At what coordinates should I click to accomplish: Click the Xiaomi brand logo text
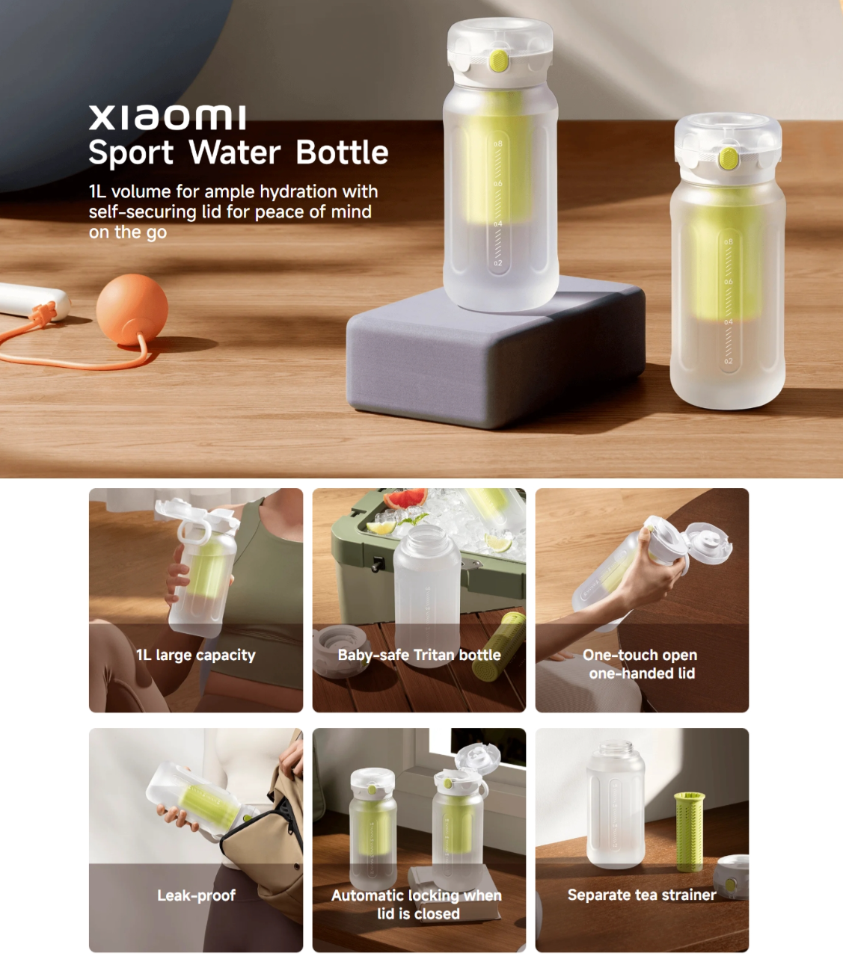[x=168, y=117]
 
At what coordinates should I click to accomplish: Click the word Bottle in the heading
[x=342, y=152]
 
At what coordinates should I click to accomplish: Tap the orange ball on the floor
[x=132, y=309]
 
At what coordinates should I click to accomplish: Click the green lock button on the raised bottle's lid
[x=499, y=61]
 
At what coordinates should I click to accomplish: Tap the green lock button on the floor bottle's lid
[x=728, y=158]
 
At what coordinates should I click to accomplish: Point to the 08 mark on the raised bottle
[x=498, y=144]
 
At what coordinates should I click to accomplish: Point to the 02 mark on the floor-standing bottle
[x=729, y=361]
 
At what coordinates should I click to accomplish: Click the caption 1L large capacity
[x=195, y=655]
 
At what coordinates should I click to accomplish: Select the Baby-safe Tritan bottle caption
[x=419, y=655]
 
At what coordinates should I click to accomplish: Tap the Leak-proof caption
[x=196, y=895]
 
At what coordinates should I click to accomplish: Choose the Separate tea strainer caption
[x=642, y=895]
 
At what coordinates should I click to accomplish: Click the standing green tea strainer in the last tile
[x=689, y=833]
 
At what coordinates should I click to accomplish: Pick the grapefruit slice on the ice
[x=405, y=499]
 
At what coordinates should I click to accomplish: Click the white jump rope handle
[x=33, y=300]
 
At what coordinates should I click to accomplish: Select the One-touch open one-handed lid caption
[x=641, y=664]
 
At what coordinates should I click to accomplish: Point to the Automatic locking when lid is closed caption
[x=417, y=904]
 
